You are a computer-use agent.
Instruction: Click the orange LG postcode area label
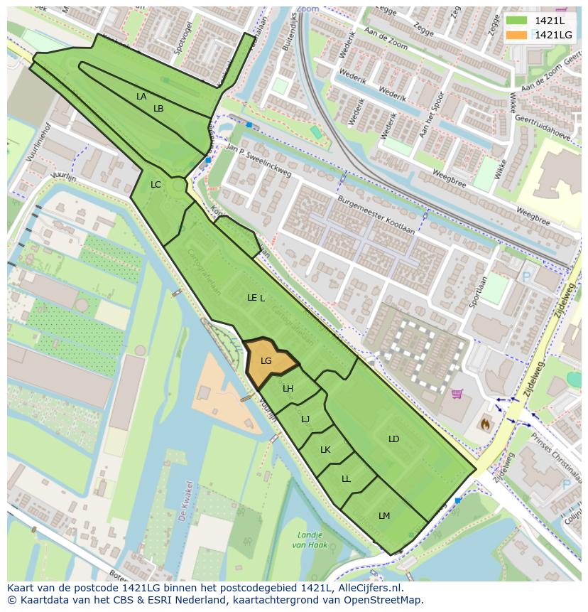(x=266, y=361)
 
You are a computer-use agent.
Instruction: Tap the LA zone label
(x=141, y=97)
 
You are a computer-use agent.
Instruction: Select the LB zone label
(x=158, y=109)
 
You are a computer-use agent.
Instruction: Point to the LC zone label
(x=156, y=185)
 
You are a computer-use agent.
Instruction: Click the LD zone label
(x=393, y=439)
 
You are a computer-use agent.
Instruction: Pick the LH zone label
(x=288, y=389)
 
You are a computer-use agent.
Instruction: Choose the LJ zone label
(x=305, y=419)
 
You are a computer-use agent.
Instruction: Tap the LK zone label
(x=325, y=450)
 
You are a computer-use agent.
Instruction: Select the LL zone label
(x=346, y=479)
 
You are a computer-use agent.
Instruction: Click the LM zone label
(x=384, y=516)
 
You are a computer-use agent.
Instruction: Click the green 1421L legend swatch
(x=517, y=21)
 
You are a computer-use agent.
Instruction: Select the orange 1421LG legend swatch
(x=517, y=35)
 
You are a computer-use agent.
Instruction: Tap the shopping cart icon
(x=457, y=394)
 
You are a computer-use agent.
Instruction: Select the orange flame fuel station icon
(x=486, y=424)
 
